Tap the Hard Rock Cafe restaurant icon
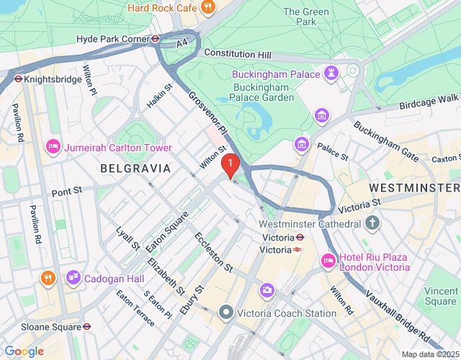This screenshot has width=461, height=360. click(208, 8)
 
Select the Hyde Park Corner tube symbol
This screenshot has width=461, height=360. click(155, 39)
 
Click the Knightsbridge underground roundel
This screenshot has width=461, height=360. click(18, 79)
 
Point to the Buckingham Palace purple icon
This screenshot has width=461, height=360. click(331, 73)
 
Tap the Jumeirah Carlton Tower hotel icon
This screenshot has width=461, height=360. click(53, 147)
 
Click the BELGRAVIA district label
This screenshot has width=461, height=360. click(135, 168)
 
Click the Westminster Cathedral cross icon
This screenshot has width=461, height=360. click(372, 224)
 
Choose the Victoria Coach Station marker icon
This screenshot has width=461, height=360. click(226, 312)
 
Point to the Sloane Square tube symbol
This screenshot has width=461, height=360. click(86, 326)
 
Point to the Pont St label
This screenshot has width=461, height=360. click(68, 192)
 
